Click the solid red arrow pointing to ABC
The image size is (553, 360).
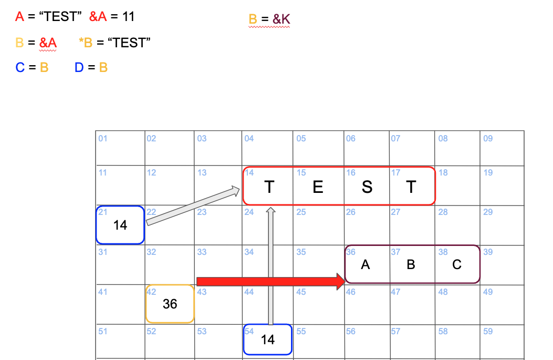pyautogui.click(x=268, y=281)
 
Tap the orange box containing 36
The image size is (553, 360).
pyautogui.click(x=170, y=304)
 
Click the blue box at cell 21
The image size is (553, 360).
pyautogui.click(x=120, y=225)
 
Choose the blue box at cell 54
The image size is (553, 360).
pyautogui.click(x=268, y=340)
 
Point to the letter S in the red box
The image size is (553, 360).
pyautogui.click(x=367, y=187)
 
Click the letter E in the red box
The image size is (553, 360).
pyautogui.click(x=318, y=187)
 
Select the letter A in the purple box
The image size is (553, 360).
pyautogui.click(x=366, y=265)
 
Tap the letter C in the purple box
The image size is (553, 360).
pyautogui.click(x=457, y=265)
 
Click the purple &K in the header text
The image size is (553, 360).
pyautogui.click(x=281, y=19)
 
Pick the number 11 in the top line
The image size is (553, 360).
pyautogui.click(x=129, y=17)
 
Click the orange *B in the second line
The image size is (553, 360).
pyautogui.click(x=86, y=43)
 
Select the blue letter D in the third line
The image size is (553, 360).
pyautogui.click(x=79, y=67)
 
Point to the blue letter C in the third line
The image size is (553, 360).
pyautogui.click(x=20, y=67)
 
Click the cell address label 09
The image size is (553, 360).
pyautogui.click(x=488, y=139)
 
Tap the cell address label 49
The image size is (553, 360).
pyautogui.click(x=488, y=292)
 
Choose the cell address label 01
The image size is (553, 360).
pyautogui.click(x=102, y=139)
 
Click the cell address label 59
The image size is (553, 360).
pyautogui.click(x=488, y=332)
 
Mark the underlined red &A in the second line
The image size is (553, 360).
pyautogui.click(x=48, y=43)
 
